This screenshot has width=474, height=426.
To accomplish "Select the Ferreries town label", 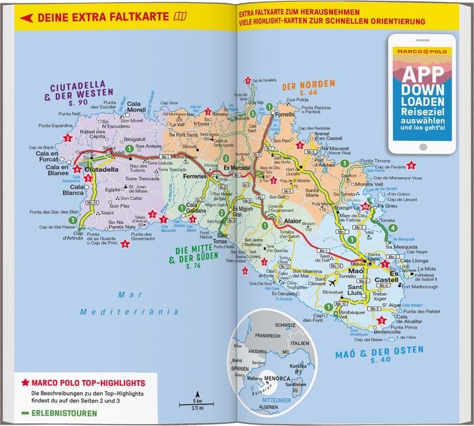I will [x=194, y=177].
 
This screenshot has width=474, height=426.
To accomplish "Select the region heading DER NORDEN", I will [x=304, y=86].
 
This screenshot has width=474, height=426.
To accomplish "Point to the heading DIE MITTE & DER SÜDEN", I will [x=192, y=253].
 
